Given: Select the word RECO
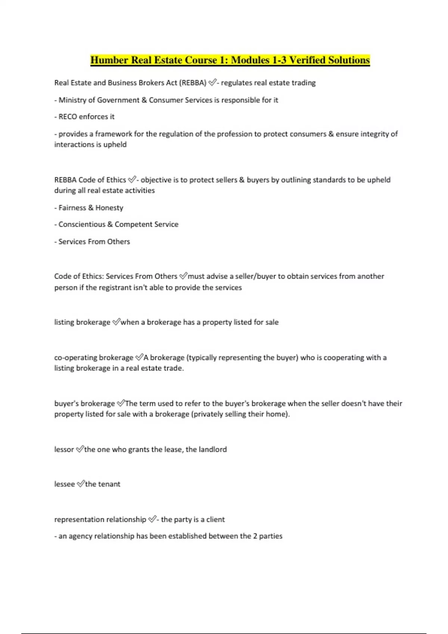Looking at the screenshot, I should [68, 117].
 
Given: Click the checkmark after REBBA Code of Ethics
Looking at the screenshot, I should [132, 180].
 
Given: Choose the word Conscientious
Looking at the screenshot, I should [82, 225].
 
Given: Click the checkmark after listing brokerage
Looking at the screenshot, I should [116, 322].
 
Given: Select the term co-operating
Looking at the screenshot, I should [73, 358].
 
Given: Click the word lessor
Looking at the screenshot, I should [64, 449].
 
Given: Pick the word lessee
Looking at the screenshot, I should [65, 484].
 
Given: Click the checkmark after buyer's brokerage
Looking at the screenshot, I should [121, 403].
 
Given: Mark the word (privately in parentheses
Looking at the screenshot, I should [206, 414].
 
